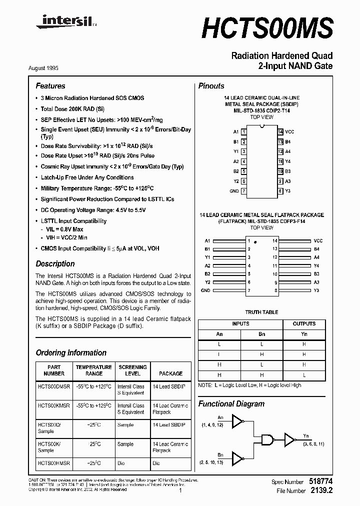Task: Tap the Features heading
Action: coord(50,86)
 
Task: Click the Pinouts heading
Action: coord(211,86)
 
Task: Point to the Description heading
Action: coord(55,263)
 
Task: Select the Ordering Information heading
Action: coord(71,352)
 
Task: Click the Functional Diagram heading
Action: coord(231,403)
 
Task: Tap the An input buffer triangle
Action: coord(238,423)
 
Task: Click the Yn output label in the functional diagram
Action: coord(306,435)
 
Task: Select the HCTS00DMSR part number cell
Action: coord(54,386)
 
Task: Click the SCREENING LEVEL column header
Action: coord(132,370)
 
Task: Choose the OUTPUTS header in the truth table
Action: coord(304,323)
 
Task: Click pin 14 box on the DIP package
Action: coord(280,131)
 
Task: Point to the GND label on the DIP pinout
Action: coord(233,191)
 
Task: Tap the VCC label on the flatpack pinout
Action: coord(318,240)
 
